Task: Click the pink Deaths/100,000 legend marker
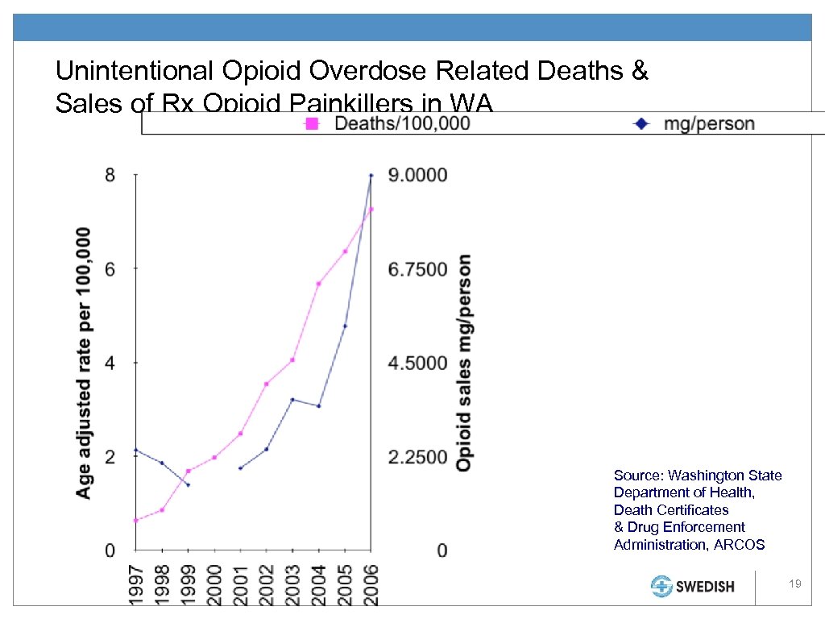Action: (311, 123)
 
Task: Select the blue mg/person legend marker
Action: (642, 123)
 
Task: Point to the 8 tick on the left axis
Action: (110, 175)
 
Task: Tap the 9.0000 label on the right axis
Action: (418, 175)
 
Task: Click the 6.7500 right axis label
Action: (418, 269)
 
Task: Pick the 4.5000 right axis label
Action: (418, 363)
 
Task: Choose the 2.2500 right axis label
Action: (418, 457)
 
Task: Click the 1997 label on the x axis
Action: (136, 585)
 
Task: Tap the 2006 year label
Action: (371, 585)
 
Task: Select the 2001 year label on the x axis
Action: (241, 585)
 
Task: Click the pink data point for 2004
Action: (319, 284)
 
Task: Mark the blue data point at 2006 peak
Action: (371, 175)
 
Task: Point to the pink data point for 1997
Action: (136, 520)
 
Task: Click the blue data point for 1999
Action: (189, 484)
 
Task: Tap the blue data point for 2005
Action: (345, 326)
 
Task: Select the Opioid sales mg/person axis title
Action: (465, 363)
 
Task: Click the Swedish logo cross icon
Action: (662, 586)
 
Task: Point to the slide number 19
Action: (795, 583)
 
